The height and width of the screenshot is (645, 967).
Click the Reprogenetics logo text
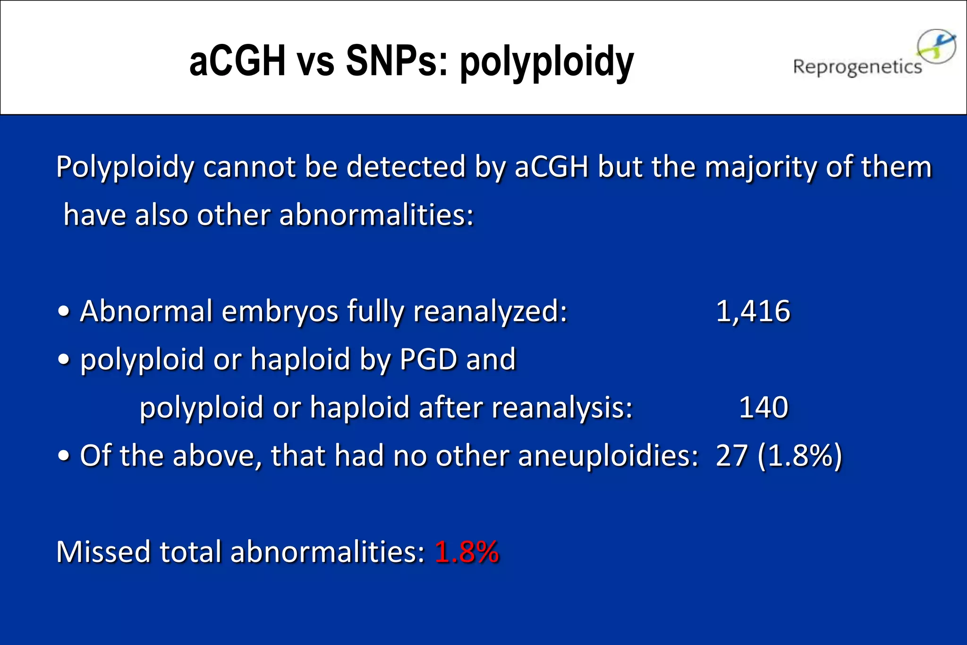857,67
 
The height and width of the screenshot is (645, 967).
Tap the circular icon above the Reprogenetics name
937,46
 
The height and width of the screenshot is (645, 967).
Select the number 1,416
753,311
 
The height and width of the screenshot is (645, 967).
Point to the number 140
763,407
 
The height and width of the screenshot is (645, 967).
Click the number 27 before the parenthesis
731,456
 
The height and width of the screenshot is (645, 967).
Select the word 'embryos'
280,311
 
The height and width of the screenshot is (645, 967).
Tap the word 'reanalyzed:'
490,311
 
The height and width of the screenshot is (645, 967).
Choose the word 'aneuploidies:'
608,456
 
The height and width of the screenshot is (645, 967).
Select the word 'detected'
406,167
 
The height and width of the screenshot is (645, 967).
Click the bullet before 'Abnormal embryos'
64,312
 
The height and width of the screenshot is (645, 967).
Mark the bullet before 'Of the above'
64,457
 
